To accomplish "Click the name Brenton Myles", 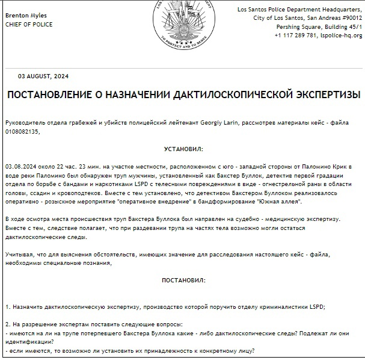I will coord(25,15).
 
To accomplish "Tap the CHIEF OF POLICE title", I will coord(29,25).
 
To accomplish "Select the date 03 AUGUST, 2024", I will coord(44,76).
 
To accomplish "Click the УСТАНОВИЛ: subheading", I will coord(183,148).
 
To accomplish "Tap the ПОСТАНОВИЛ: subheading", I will coord(183,281).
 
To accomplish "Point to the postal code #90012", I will coord(347,18).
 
